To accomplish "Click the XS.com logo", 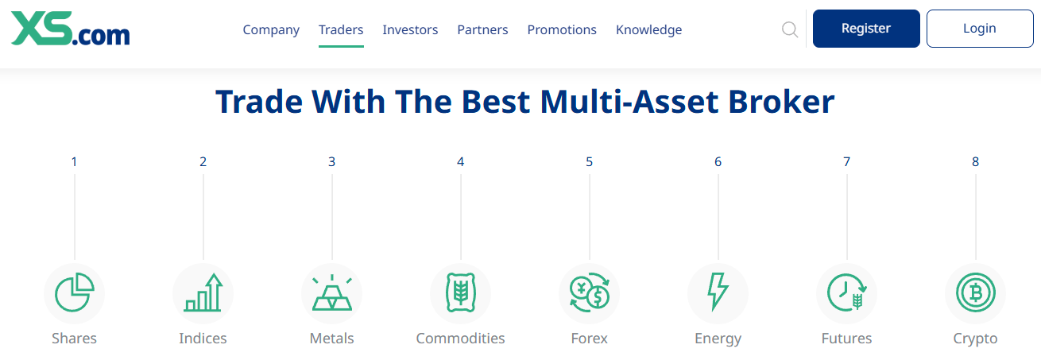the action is pyautogui.click(x=70, y=29).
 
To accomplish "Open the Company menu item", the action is pyautogui.click(x=271, y=29).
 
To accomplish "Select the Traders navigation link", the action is pyautogui.click(x=341, y=29).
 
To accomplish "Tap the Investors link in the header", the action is pyautogui.click(x=410, y=29).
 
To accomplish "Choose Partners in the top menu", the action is pyautogui.click(x=482, y=29).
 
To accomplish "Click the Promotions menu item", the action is pyautogui.click(x=561, y=29).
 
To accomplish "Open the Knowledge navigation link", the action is pyautogui.click(x=648, y=29).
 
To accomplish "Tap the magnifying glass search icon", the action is pyautogui.click(x=790, y=29).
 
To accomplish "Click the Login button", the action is pyautogui.click(x=980, y=29).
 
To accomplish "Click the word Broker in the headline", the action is pyautogui.click(x=781, y=101).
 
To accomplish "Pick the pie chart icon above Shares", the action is pyautogui.click(x=75, y=293).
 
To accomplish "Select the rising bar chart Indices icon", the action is pyautogui.click(x=203, y=292).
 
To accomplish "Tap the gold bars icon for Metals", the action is pyautogui.click(x=332, y=292).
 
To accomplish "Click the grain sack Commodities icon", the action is pyautogui.click(x=461, y=292).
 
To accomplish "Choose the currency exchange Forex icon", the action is pyautogui.click(x=590, y=292).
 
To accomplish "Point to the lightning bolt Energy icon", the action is pyautogui.click(x=718, y=292).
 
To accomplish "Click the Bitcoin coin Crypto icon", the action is pyautogui.click(x=976, y=293).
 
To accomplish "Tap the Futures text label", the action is pyautogui.click(x=846, y=339).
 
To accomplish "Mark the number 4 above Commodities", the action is pyautogui.click(x=461, y=161).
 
